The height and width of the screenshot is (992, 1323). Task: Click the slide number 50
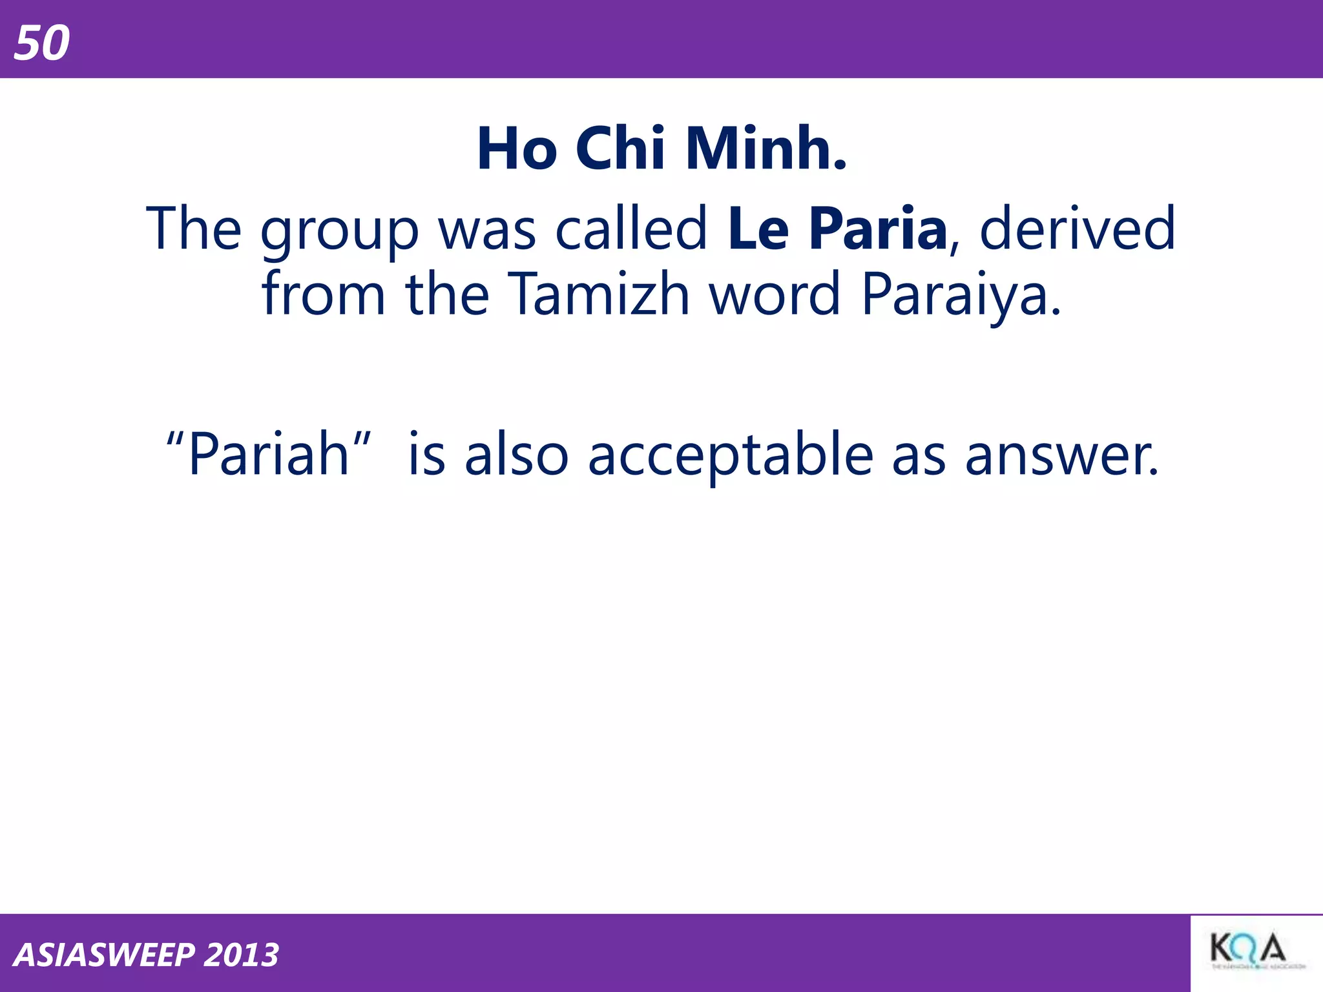42,43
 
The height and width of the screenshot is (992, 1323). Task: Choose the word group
340,231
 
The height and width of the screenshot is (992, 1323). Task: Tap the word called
631,229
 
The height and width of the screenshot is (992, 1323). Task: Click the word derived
1077,229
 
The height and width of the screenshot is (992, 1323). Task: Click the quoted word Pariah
269,455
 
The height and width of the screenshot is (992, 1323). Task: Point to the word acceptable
731,456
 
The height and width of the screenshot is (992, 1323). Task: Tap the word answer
1061,456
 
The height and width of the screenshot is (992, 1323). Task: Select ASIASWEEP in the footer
104,955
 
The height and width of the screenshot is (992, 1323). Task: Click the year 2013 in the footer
241,955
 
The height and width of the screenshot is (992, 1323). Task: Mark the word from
323,294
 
